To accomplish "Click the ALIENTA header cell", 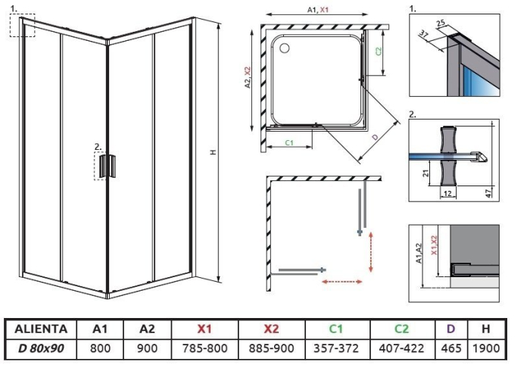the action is pyautogui.click(x=41, y=329).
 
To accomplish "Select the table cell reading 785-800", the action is pyautogui.click(x=204, y=348).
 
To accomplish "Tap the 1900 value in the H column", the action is pyautogui.click(x=486, y=348).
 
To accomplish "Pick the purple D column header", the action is pyautogui.click(x=450, y=329).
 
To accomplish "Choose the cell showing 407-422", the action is pyautogui.click(x=401, y=348).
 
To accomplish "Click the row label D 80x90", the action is pyautogui.click(x=41, y=348).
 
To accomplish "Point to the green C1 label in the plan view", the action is pyautogui.click(x=289, y=142).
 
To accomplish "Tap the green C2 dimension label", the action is pyautogui.click(x=379, y=51).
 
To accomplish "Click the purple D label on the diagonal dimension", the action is pyautogui.click(x=375, y=137).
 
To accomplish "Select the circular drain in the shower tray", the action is pyautogui.click(x=285, y=48).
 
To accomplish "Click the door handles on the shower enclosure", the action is pyautogui.click(x=108, y=166).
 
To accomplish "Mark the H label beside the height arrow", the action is pyautogui.click(x=213, y=152).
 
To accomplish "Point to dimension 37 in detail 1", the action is pyautogui.click(x=423, y=34).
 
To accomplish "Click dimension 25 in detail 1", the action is pyautogui.click(x=441, y=23).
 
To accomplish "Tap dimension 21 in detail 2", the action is pyautogui.click(x=426, y=173).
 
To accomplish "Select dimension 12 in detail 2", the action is pyautogui.click(x=447, y=194).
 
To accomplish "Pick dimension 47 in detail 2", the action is pyautogui.click(x=489, y=193).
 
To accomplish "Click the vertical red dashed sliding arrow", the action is pyautogui.click(x=371, y=251).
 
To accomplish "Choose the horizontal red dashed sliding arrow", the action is pyautogui.click(x=341, y=281).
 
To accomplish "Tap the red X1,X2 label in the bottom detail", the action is pyautogui.click(x=435, y=245).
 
